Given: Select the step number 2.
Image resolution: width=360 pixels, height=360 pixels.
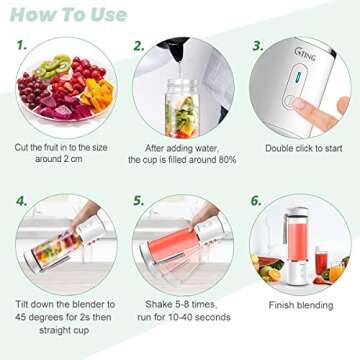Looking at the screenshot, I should [139, 46].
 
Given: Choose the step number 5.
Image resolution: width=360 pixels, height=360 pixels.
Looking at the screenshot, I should [139, 200].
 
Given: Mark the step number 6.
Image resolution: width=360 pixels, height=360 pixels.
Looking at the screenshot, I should [256, 200].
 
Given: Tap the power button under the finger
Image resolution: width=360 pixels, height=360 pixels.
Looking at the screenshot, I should [293, 101].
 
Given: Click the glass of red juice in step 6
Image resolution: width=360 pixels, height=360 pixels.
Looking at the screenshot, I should [324, 265].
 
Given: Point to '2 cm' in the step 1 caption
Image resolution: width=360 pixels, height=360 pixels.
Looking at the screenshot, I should [74, 159].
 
